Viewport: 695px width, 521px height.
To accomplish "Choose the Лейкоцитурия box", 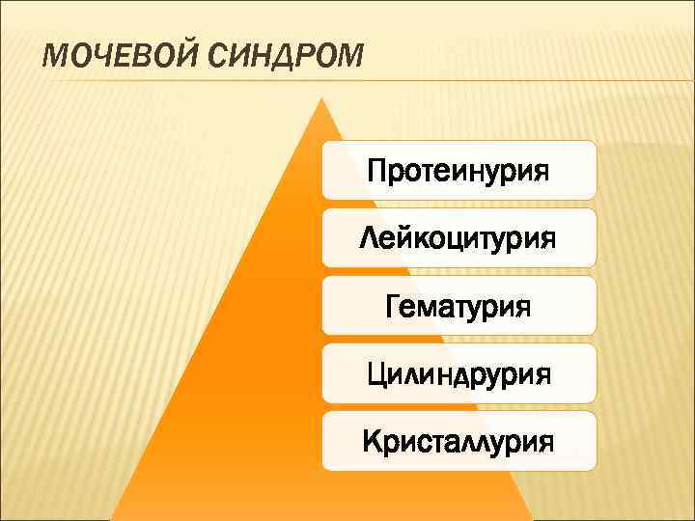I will click(459, 237).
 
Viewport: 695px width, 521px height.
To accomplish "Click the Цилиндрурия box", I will click(459, 372).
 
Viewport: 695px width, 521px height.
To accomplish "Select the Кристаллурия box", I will click(459, 441).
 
